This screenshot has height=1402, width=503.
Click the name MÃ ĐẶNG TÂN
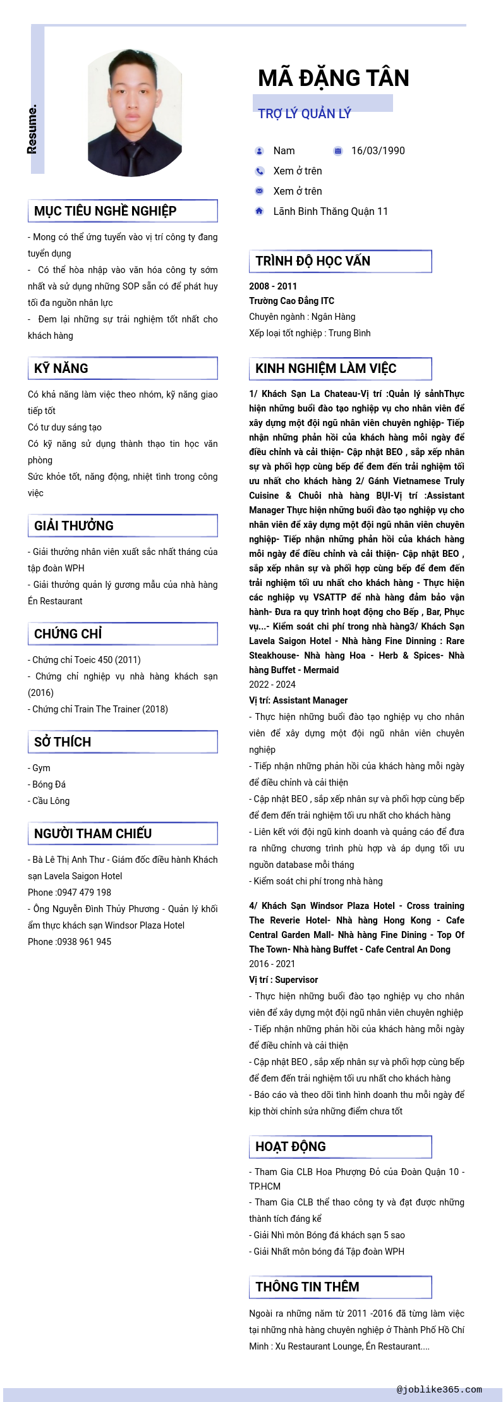click(334, 78)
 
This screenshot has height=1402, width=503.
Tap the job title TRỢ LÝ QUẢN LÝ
click(304, 114)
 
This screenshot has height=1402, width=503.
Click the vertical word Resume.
click(32, 129)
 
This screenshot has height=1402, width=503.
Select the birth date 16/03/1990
click(378, 150)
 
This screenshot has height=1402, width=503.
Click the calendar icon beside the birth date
click(338, 150)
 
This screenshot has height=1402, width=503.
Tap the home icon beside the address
click(259, 211)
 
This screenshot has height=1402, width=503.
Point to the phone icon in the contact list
click(259, 171)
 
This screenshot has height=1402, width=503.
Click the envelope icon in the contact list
click(259, 191)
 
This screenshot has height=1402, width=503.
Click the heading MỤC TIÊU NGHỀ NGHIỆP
click(105, 211)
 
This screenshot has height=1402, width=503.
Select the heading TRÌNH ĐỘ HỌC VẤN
click(313, 261)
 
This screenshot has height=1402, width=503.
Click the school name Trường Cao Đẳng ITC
click(291, 301)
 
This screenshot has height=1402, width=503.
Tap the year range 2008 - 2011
click(273, 286)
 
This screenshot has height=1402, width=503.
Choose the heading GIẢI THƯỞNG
click(74, 526)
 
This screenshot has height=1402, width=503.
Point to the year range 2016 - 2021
click(272, 964)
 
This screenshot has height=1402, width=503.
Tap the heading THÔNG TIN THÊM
click(307, 1287)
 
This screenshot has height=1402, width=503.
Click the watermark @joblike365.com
click(439, 1389)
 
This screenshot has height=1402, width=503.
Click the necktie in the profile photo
click(133, 158)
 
